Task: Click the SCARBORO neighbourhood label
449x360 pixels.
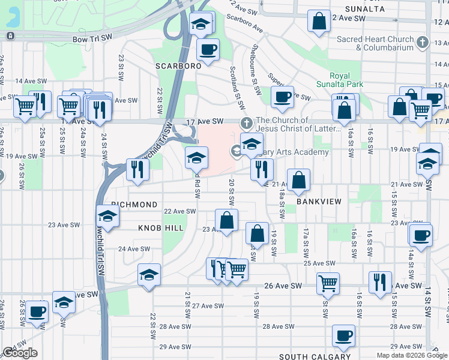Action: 178,66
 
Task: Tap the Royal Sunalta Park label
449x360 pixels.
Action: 340,80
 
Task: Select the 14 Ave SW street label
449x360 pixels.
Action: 31,80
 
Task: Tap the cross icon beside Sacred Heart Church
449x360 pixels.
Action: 423,43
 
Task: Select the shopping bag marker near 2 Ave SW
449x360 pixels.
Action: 319,21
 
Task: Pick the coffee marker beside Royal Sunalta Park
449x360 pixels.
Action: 282,97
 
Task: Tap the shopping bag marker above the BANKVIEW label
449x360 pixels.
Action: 298,179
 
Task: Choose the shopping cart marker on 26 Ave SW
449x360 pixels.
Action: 328,283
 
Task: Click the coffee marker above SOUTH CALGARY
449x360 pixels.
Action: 344,335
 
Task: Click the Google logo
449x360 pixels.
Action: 20,353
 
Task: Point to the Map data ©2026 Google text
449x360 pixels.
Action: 411,355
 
